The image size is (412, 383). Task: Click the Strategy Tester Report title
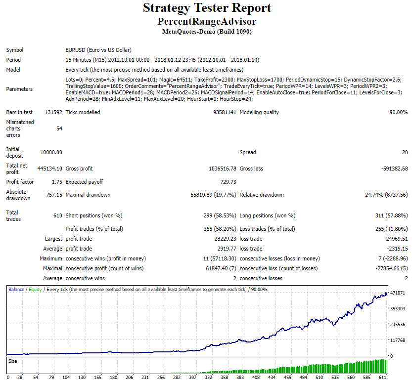click(x=207, y=8)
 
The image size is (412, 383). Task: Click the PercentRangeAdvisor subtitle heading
click(x=207, y=22)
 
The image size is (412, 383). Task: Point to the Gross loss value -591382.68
click(x=394, y=169)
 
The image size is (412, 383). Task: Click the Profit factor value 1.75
click(x=57, y=182)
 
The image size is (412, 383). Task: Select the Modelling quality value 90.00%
click(x=399, y=112)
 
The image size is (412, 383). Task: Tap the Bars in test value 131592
click(x=53, y=112)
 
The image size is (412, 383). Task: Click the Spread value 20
click(x=405, y=152)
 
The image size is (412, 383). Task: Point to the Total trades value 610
click(x=58, y=215)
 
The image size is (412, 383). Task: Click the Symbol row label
click(x=15, y=50)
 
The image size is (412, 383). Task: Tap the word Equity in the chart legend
click(x=35, y=290)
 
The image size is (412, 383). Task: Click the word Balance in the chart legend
click(x=16, y=290)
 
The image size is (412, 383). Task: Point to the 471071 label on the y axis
click(x=398, y=293)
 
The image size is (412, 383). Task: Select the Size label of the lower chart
click(x=13, y=361)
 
